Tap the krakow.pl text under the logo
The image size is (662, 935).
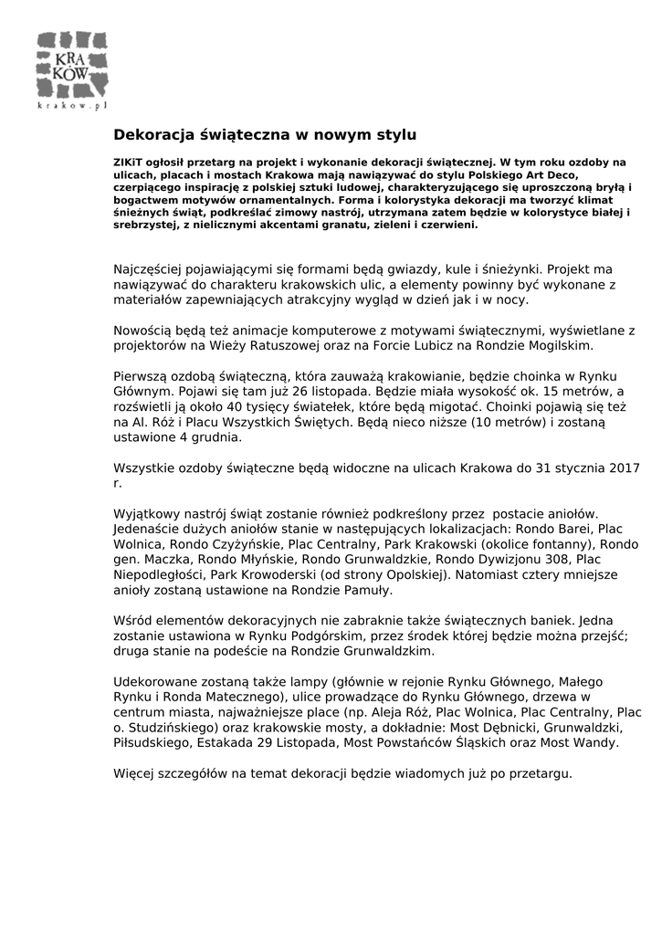pyautogui.click(x=72, y=106)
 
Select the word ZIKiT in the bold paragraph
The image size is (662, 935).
pyautogui.click(x=129, y=162)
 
